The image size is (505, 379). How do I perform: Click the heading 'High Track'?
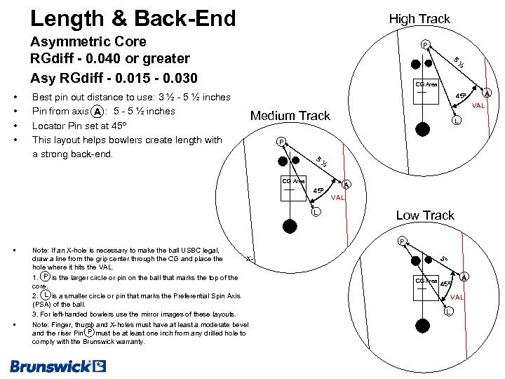pos(419,19)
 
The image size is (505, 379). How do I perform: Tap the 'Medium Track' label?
pos(290,116)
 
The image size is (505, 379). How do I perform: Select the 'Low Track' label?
pos(425,215)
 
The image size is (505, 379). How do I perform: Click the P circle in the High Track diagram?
pos(425,46)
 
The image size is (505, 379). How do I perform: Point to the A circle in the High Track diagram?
pos(488,93)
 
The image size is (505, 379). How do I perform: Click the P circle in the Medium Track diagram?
pos(281,142)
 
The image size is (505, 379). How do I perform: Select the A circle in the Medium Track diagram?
pos(346,185)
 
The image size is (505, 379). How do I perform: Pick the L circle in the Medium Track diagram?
pos(316,212)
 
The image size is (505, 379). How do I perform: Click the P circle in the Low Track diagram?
pos(402,241)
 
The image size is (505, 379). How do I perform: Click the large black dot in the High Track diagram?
pos(423,128)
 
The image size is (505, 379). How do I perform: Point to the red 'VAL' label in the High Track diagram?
pos(478,106)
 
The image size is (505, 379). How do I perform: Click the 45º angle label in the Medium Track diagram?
pos(318,190)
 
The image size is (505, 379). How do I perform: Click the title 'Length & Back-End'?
pos(133,18)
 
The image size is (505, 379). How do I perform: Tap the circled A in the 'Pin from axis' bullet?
pos(100,111)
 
